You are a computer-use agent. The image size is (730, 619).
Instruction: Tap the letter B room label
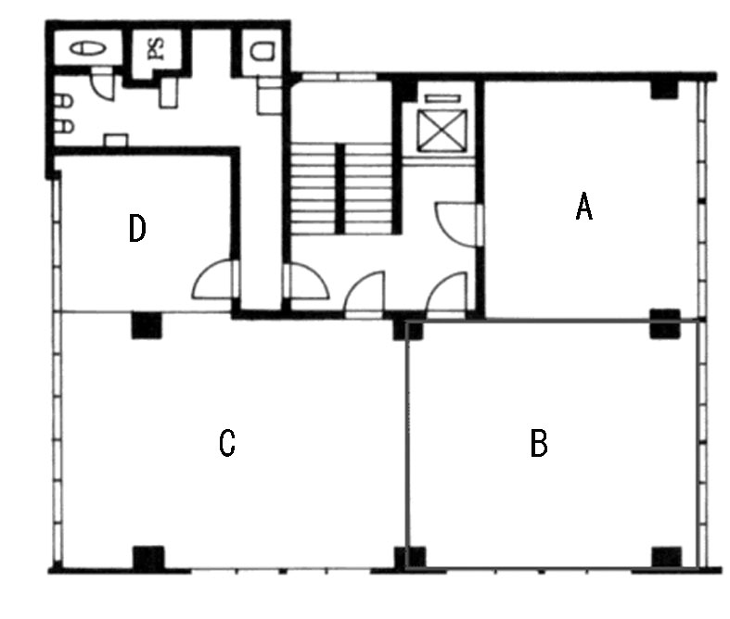coord(539,443)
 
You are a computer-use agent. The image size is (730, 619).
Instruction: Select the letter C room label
coord(227,443)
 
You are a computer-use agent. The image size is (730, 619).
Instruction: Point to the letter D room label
coord(137,228)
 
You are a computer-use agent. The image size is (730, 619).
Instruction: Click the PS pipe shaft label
coord(157,49)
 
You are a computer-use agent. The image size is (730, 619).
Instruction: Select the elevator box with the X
coord(442,131)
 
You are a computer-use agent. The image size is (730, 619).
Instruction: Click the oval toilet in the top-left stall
coord(88,48)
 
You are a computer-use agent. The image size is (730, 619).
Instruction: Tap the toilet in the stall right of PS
coord(263,51)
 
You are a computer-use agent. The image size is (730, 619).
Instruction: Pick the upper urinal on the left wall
coord(64,101)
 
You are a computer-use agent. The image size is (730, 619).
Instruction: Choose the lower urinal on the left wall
coord(64,127)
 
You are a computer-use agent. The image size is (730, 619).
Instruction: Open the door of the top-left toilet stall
coord(102,84)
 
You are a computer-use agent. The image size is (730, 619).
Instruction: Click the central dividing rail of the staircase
coord(340,189)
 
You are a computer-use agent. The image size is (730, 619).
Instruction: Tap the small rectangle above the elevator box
coord(442,98)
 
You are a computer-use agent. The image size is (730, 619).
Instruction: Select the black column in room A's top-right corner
coord(664,89)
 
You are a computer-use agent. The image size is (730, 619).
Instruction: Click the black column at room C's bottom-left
coord(149,558)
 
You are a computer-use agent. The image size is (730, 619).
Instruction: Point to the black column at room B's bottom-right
coord(667,557)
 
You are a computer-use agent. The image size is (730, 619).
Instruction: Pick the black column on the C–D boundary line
coord(147,325)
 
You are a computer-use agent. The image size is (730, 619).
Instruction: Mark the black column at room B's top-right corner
coord(665,322)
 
